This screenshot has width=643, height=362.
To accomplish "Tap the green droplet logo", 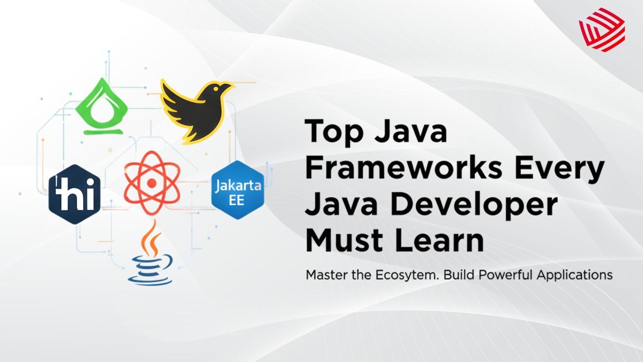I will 102,107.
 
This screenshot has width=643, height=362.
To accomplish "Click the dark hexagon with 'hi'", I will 74,194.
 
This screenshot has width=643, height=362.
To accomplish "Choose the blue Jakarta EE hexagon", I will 236,190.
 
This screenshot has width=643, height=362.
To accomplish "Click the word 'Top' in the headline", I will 332,132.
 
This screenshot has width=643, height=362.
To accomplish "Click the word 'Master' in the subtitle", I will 325,274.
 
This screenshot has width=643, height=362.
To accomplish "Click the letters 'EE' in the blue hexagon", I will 236,200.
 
